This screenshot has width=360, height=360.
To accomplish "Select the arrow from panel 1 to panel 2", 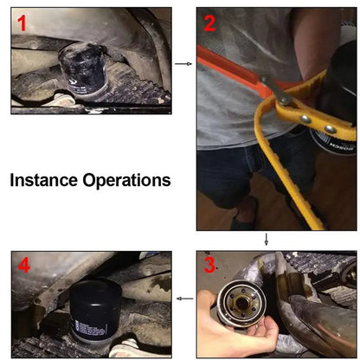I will tap(183, 63).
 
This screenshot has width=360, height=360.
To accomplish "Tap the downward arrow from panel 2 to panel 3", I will tap(266, 240).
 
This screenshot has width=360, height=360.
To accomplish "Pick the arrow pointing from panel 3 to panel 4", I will tap(183, 299).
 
